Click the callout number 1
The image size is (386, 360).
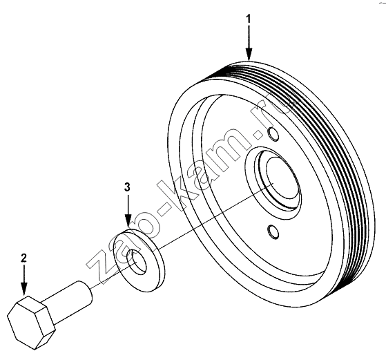[x=249, y=19]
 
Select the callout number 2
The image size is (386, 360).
[x=23, y=258]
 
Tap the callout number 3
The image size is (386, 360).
[x=127, y=187]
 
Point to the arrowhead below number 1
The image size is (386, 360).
[x=249, y=54]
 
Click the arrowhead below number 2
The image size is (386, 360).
[x=24, y=289]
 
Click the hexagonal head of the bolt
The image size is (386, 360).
[x=31, y=323]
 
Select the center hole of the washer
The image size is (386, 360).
[x=136, y=262]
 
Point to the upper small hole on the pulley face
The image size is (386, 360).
[x=273, y=134]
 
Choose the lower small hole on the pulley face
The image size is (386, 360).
[x=273, y=231]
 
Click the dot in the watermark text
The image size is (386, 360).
[x=259, y=135]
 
